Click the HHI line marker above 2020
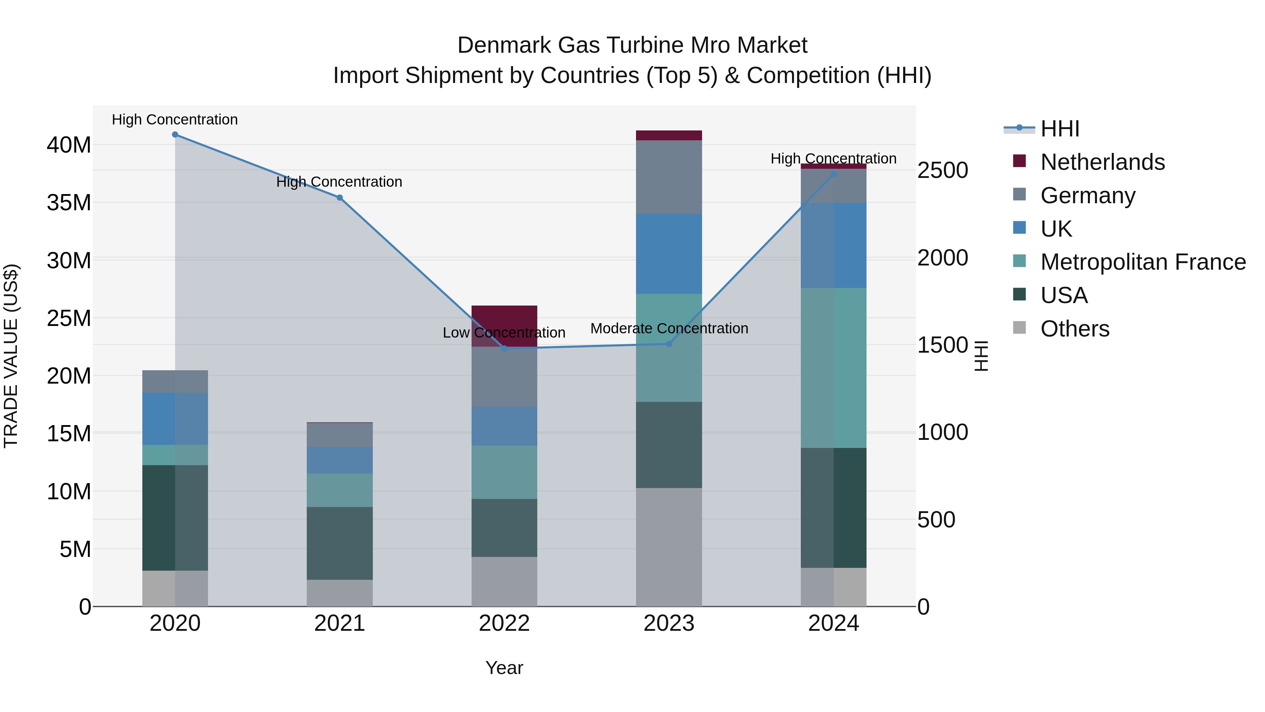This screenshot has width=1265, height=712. click(x=175, y=135)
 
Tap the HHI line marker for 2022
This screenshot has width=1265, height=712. click(x=504, y=348)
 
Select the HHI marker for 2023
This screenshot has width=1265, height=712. click(x=669, y=344)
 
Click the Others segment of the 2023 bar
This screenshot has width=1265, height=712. click(x=669, y=547)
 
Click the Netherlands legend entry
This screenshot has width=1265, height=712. click(x=1102, y=162)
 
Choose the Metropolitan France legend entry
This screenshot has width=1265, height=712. click(x=1143, y=262)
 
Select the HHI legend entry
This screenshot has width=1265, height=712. click(x=1060, y=129)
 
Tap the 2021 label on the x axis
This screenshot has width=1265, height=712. click(x=339, y=623)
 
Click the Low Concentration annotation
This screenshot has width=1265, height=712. click(x=504, y=333)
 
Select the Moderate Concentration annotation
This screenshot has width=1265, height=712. click(x=669, y=328)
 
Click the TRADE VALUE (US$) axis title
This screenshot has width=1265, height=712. click(x=11, y=356)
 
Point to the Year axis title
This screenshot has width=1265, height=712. click(x=504, y=668)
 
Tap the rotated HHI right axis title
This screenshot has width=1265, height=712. click(x=981, y=356)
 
